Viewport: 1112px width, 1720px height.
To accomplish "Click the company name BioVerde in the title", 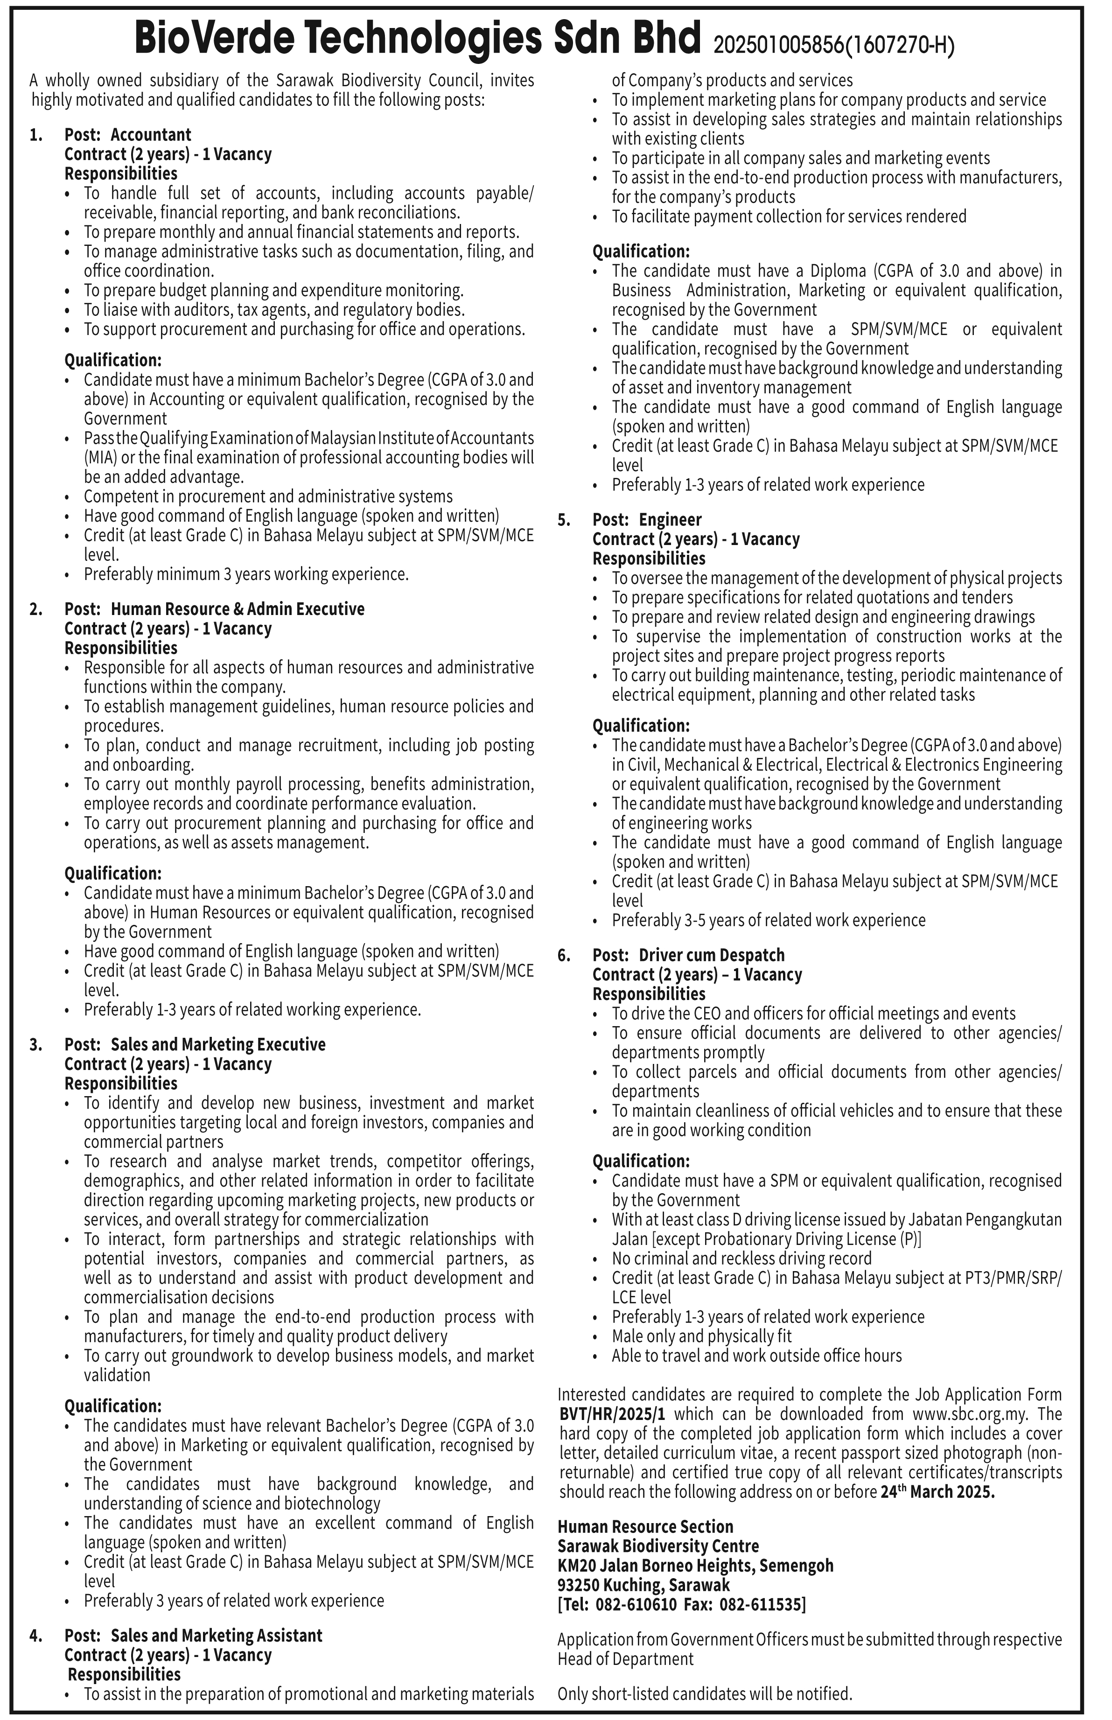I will point(217,37).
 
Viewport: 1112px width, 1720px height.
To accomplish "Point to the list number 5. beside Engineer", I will point(564,520).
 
